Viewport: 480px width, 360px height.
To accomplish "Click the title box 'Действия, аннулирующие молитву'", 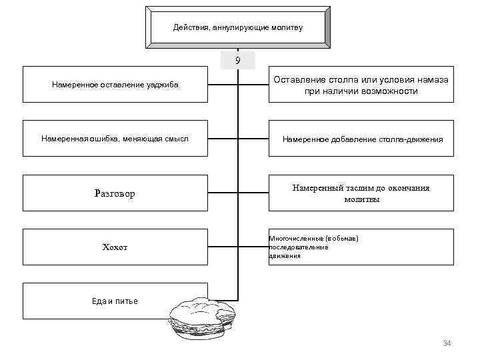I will [x=237, y=28].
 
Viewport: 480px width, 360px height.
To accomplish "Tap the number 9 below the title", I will [x=238, y=61].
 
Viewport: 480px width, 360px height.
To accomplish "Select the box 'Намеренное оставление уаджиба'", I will [x=115, y=85].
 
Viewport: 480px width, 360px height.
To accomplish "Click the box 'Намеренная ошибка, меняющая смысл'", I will [x=115, y=139].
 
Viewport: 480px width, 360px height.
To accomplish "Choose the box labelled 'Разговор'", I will [x=115, y=193].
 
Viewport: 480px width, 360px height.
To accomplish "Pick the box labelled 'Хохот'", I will [x=115, y=247].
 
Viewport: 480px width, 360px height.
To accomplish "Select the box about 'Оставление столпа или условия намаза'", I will [x=361, y=85].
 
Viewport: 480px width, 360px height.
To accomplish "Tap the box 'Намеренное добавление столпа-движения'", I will [x=361, y=139].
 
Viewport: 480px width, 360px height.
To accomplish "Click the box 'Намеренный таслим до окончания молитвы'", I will [x=361, y=193].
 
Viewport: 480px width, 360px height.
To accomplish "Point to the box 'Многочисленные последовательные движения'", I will [x=361, y=247].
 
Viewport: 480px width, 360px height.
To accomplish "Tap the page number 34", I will [x=447, y=343].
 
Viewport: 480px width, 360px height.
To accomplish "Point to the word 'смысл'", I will [x=176, y=139].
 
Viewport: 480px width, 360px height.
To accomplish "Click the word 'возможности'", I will [x=391, y=91].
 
